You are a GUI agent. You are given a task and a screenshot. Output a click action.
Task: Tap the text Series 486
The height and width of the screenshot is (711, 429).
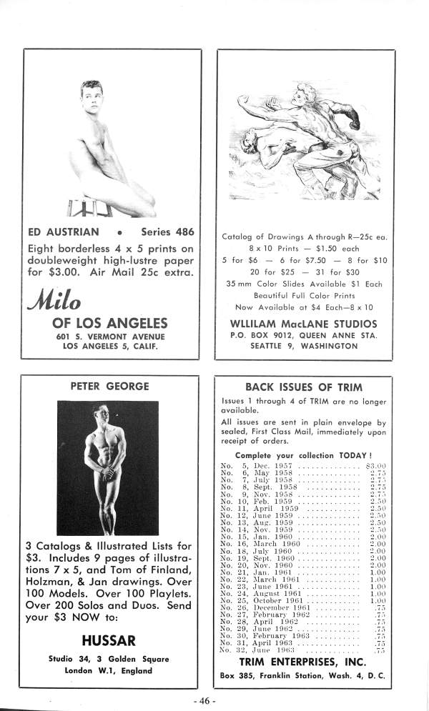pyautogui.click(x=168, y=232)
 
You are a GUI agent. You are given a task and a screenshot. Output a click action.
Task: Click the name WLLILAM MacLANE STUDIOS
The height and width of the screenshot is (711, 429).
pyautogui.click(x=305, y=323)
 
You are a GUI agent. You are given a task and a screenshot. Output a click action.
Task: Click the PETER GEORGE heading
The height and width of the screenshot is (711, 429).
pyautogui.click(x=109, y=387)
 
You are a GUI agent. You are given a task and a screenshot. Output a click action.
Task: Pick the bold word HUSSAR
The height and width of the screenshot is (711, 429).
pyautogui.click(x=109, y=639)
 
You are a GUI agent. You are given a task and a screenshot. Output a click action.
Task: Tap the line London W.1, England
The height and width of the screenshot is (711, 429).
pyautogui.click(x=109, y=671)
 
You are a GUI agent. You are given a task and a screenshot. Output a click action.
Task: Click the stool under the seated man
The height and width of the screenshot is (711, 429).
pyautogui.click(x=90, y=208)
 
